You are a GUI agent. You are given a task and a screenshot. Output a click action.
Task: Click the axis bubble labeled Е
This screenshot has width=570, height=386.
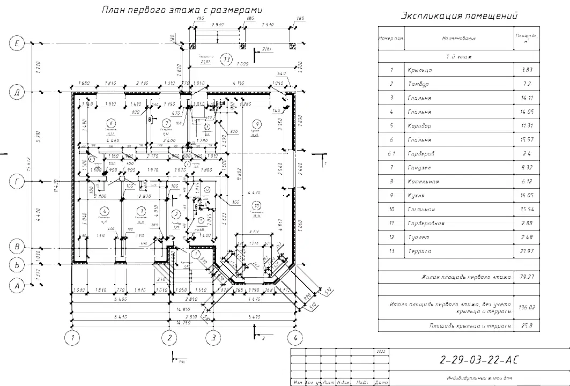[x=18, y=44]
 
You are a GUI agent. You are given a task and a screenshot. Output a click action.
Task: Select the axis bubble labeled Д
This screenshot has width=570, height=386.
[x=18, y=92]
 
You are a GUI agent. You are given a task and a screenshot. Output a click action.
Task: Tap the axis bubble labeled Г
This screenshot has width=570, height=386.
[x=18, y=182]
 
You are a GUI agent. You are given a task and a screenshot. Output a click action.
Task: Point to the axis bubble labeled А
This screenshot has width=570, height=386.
[x=18, y=285]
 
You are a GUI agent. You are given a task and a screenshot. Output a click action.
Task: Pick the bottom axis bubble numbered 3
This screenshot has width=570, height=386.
[x=214, y=338]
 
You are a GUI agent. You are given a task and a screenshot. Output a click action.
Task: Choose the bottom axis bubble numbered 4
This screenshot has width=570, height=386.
[x=294, y=338]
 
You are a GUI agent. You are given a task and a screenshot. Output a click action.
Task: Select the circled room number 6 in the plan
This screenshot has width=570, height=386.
[x=110, y=121]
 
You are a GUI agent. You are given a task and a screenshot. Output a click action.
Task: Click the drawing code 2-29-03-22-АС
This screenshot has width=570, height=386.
[x=479, y=359]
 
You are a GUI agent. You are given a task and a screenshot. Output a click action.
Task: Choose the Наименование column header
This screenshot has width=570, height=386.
[x=460, y=38]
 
